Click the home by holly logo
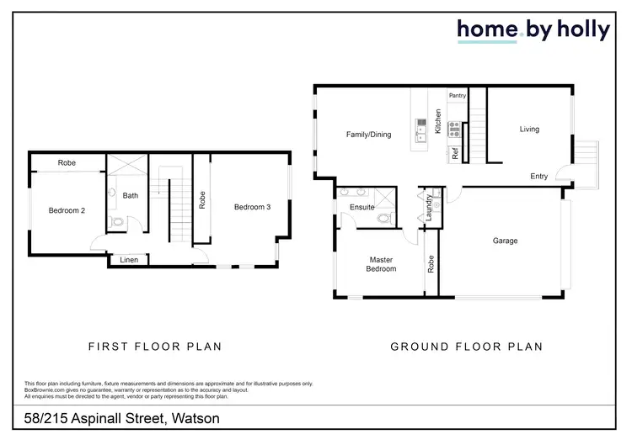tap(533, 29)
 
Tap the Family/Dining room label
tap(368, 135)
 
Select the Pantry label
tap(458, 96)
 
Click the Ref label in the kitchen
tap(455, 154)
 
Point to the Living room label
tap(528, 130)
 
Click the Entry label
tap(539, 177)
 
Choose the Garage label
tap(505, 241)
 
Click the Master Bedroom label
tap(381, 264)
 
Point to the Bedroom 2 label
tap(67, 211)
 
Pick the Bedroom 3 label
tap(252, 207)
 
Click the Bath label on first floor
tap(131, 196)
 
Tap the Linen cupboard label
tap(129, 260)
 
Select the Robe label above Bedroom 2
tap(68, 163)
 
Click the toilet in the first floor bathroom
tap(116, 223)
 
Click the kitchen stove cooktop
tap(454, 129)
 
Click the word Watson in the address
tap(196, 419)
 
